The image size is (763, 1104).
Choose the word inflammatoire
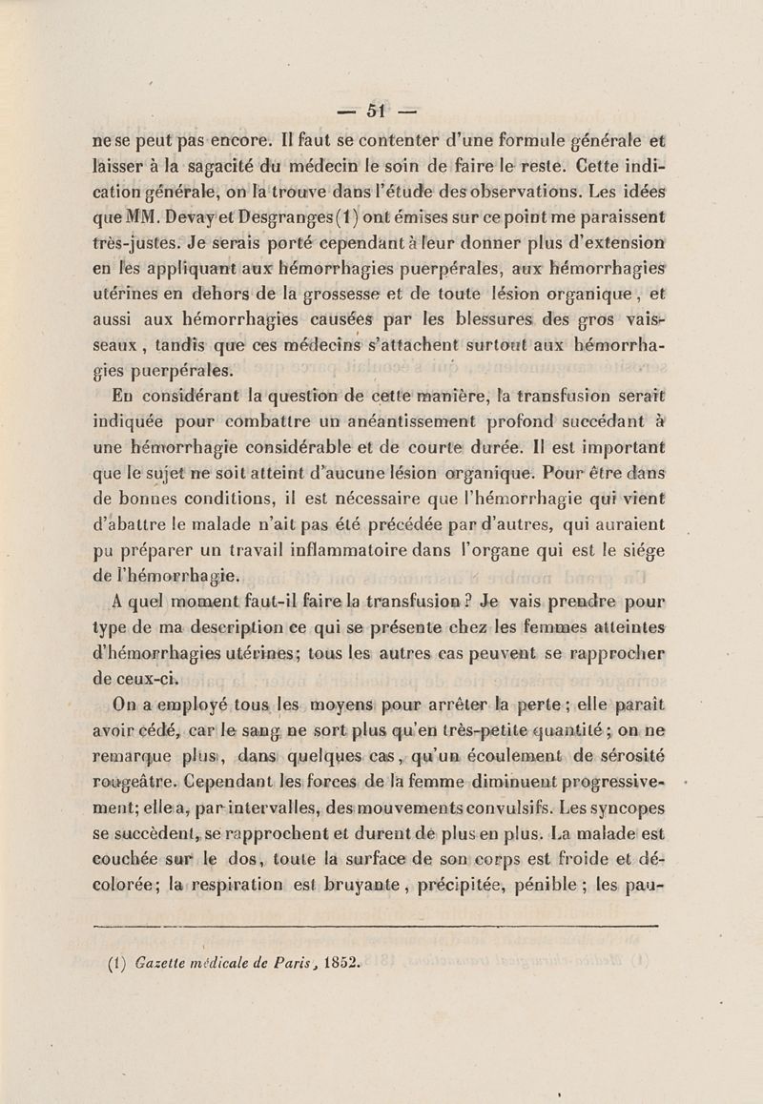438,549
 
